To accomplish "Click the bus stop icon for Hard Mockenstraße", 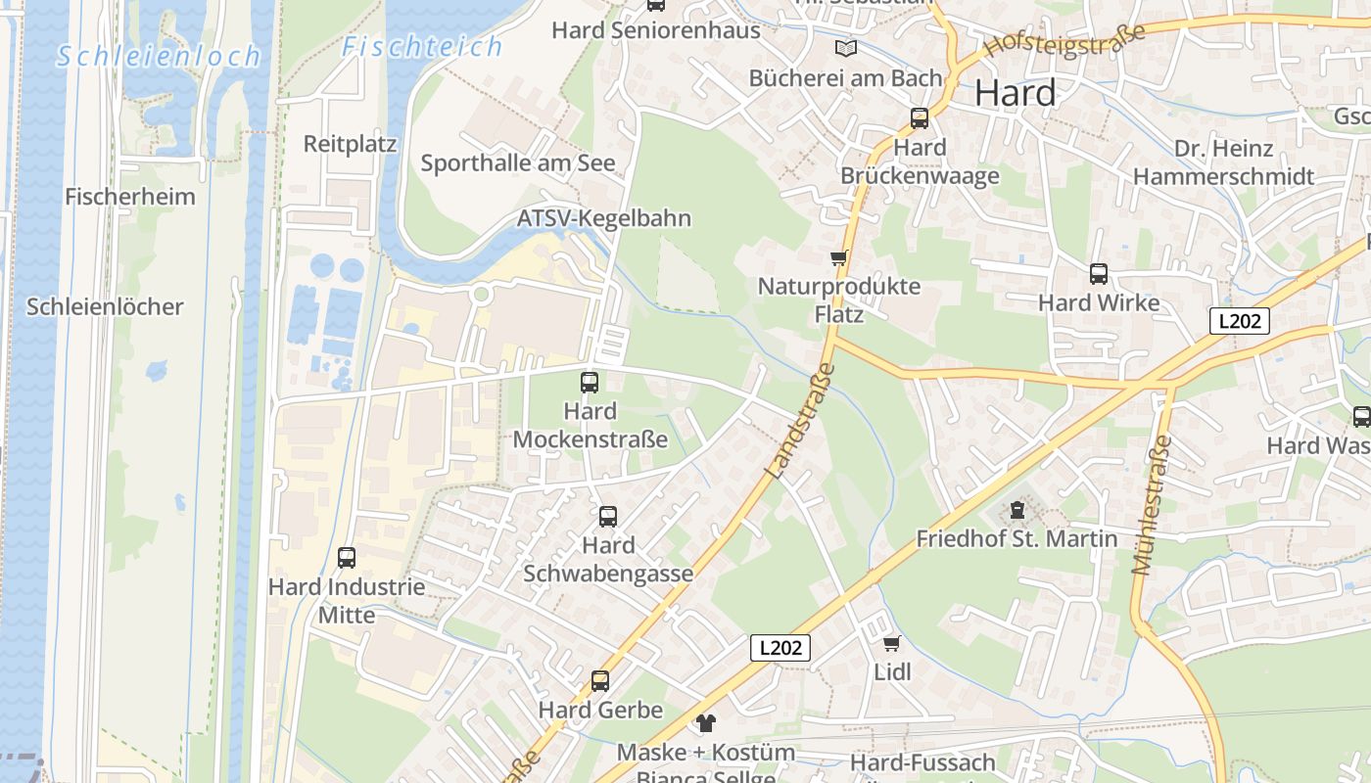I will [590, 383].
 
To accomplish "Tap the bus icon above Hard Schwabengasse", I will [608, 516].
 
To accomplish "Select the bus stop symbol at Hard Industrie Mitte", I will [347, 558].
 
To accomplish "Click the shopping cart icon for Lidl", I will [891, 643].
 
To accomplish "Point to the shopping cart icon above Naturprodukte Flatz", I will [838, 258].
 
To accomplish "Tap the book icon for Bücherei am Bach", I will [845, 48].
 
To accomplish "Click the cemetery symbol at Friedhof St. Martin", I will [1017, 510].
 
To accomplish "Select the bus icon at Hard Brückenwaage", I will [920, 118].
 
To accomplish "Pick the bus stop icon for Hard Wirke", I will [1099, 274].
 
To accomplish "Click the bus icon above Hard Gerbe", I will [600, 680].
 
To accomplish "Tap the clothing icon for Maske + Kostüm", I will [705, 723].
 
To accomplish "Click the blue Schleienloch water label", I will [160, 57].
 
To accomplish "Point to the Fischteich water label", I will [423, 46].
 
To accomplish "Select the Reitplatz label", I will [350, 144].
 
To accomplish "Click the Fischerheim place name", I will [130, 197].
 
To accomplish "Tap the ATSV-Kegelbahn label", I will [604, 218].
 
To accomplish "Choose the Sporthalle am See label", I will [518, 163].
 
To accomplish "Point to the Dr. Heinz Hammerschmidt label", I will [1223, 162].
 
